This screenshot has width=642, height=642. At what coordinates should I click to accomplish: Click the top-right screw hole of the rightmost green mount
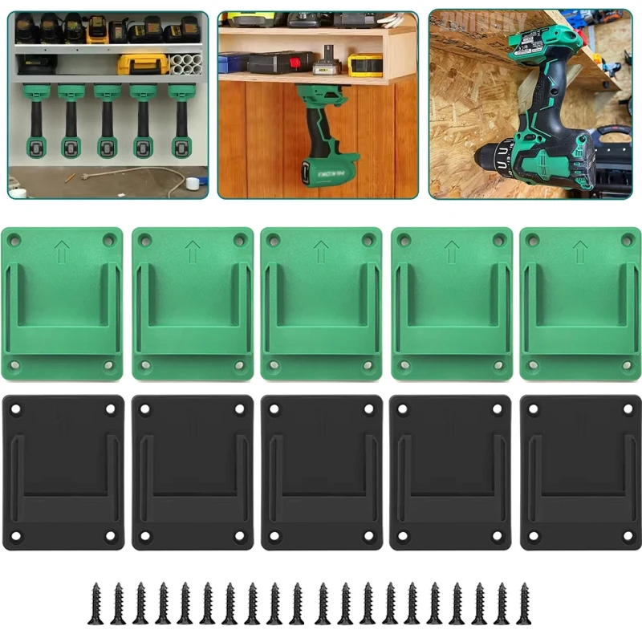628,239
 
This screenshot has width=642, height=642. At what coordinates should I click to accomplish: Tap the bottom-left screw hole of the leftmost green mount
14,365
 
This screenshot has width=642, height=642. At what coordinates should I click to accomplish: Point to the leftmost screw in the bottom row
95,603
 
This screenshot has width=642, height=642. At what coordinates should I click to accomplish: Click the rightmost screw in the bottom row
525,603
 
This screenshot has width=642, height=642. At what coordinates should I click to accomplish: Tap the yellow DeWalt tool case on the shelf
143,64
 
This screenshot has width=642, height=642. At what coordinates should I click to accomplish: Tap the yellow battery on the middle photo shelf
365,65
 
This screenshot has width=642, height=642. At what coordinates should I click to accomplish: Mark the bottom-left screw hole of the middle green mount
274,365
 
